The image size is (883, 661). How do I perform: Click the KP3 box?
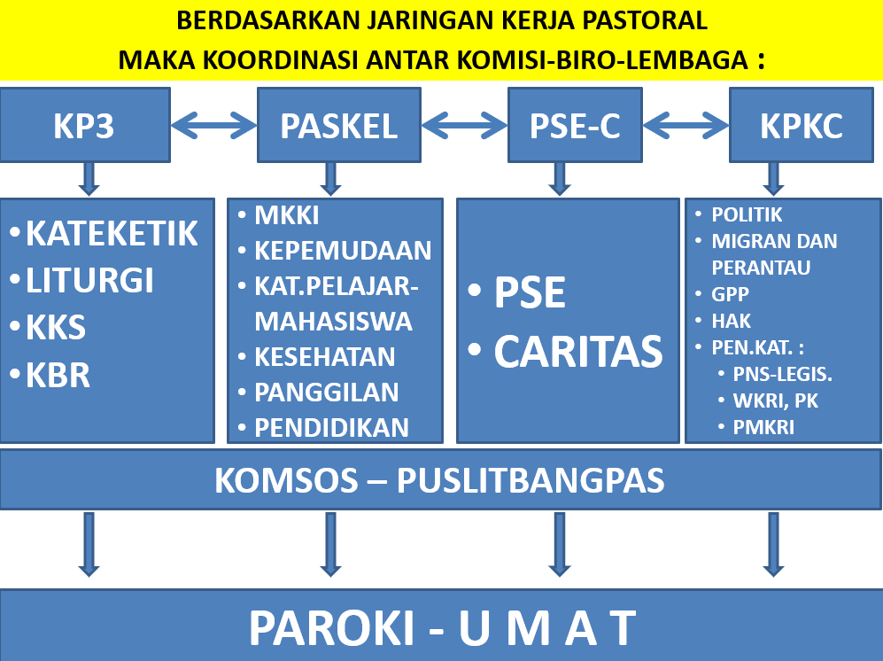tap(85, 125)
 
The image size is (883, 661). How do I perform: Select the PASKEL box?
tap(339, 125)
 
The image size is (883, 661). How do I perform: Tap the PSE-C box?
tap(575, 125)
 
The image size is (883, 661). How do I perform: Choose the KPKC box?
tap(802, 125)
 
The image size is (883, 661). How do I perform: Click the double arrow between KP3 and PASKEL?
tap(214, 125)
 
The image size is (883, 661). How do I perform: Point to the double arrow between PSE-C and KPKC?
tap(685, 125)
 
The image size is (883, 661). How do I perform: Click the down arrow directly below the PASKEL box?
tap(330, 179)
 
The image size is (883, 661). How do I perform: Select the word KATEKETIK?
tap(112, 233)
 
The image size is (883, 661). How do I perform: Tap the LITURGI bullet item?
tap(82, 280)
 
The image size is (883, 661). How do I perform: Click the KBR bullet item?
tap(50, 376)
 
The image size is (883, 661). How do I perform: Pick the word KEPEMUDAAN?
tap(343, 251)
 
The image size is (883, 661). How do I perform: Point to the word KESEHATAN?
tap(325, 357)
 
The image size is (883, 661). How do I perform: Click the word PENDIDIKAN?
tap(332, 428)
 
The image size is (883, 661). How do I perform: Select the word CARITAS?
tap(579, 352)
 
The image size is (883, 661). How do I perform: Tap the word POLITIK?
tap(747, 214)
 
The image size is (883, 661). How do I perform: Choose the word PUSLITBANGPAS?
tap(531, 480)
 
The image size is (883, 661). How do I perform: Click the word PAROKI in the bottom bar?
tap(332, 627)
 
